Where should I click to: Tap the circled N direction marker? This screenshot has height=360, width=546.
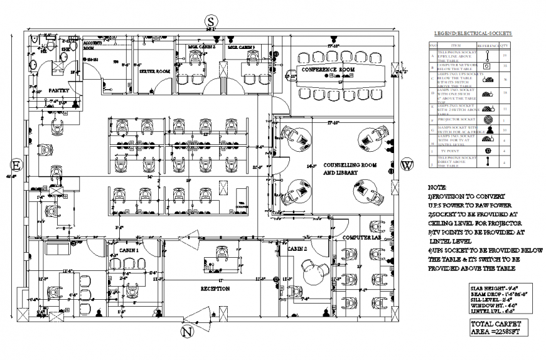(x=186, y=332)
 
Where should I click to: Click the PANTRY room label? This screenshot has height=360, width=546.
(x=59, y=90)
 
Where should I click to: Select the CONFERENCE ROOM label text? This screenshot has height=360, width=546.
(x=328, y=69)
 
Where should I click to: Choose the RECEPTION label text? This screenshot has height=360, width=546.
(x=215, y=289)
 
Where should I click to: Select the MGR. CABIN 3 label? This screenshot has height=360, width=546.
(x=241, y=47)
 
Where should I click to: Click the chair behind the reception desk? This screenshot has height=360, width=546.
(x=222, y=252)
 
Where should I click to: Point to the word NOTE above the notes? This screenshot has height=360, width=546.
(x=437, y=187)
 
